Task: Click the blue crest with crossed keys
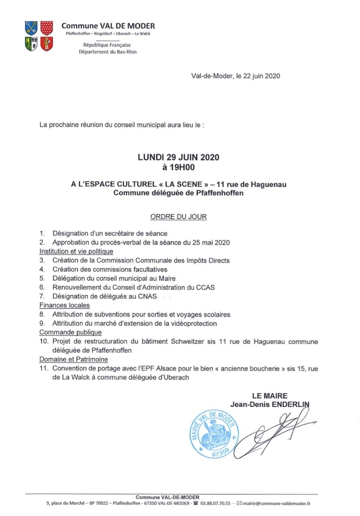(x=31, y=28)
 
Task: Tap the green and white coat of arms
(x=31, y=44)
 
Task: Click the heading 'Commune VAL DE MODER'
(x=108, y=26)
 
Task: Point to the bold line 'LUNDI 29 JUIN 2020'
(x=178, y=157)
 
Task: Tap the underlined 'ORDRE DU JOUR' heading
(x=178, y=217)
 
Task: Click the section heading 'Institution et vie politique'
(x=73, y=251)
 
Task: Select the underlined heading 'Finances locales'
(x=65, y=305)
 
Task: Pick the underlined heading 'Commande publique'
(x=71, y=332)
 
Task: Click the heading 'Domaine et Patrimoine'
(x=73, y=359)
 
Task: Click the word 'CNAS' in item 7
(x=146, y=296)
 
